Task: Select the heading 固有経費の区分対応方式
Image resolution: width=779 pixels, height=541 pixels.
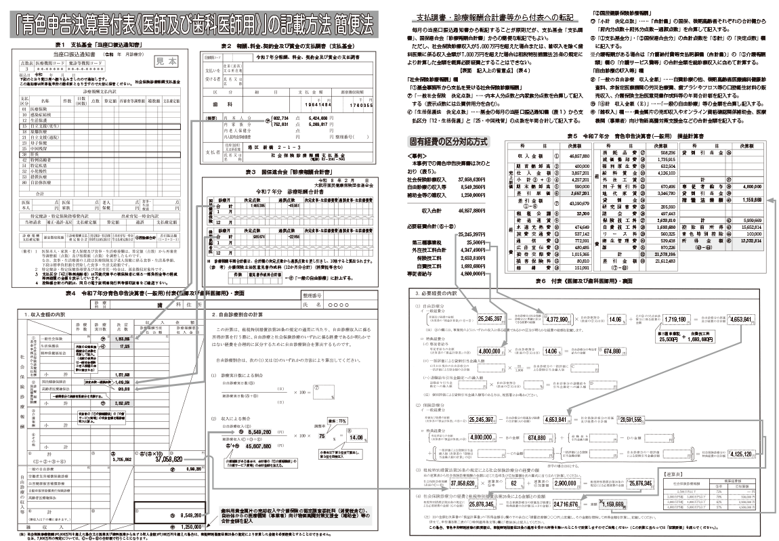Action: pos(447,142)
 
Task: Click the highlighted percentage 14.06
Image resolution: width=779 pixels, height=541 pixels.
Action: pos(356,438)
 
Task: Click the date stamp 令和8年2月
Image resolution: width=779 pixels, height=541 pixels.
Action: pos(348,179)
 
